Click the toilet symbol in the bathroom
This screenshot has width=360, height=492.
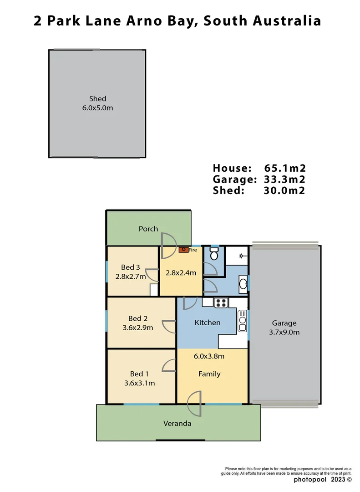coord(214,254)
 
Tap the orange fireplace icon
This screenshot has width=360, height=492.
coord(184,250)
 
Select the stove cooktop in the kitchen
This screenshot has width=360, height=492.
coord(221,302)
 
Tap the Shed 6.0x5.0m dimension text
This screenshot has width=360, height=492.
coord(98,108)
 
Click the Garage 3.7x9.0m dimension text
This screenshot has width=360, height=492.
coord(284,332)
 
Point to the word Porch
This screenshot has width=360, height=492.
coord(148,229)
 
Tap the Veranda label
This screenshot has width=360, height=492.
coord(177,423)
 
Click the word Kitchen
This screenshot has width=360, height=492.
coord(208,323)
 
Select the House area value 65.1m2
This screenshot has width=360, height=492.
coord(284,168)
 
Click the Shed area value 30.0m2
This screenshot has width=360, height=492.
coord(284,190)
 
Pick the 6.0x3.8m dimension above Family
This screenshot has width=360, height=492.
coord(209,356)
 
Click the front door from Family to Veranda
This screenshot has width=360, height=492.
coord(196,403)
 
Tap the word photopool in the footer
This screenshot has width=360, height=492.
coord(309,479)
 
